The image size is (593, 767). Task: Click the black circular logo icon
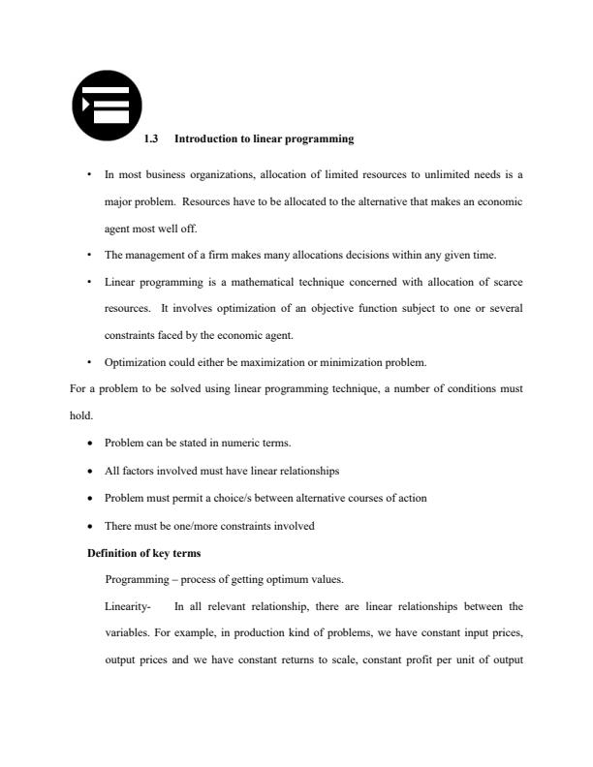pyautogui.click(x=107, y=105)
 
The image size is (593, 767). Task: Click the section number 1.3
pyautogui.click(x=150, y=139)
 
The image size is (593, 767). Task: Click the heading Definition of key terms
pyautogui.click(x=144, y=553)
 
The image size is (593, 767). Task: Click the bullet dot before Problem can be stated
pyautogui.click(x=90, y=444)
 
